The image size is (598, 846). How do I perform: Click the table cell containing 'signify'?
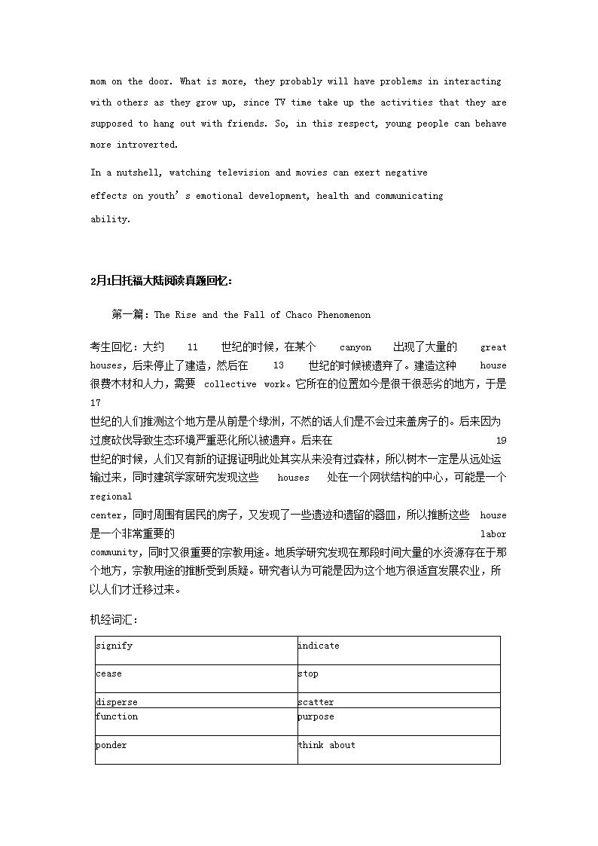(196, 650)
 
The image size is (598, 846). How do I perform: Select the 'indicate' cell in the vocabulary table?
(398, 650)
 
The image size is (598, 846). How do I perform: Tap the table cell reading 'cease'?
(196, 678)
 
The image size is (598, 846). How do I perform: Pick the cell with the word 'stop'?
(398, 678)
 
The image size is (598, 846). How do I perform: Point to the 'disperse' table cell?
(196, 701)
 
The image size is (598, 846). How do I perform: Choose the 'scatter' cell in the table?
(398, 701)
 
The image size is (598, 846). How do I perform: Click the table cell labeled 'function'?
(196, 721)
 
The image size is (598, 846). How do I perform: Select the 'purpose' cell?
(398, 721)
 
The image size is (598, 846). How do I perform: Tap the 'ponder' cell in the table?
(196, 750)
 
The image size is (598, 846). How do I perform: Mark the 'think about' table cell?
(398, 750)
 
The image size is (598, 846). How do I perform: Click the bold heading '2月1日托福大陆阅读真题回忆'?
(161, 281)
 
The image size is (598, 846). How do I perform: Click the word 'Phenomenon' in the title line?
(343, 315)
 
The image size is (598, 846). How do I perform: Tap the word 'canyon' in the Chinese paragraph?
(355, 347)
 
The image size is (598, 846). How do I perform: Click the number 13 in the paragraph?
(278, 365)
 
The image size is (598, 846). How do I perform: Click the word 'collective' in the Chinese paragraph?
(230, 384)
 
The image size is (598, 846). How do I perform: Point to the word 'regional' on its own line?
(111, 496)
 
